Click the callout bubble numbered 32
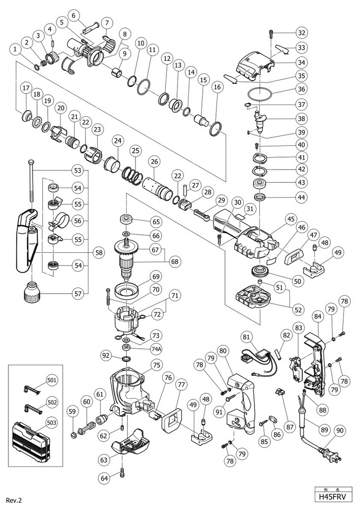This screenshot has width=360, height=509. click(302, 33)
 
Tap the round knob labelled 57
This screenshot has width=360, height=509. click(32, 292)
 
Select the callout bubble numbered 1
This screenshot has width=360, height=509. click(15, 50)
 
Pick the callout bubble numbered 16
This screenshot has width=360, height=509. click(217, 87)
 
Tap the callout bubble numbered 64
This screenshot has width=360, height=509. click(105, 477)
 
